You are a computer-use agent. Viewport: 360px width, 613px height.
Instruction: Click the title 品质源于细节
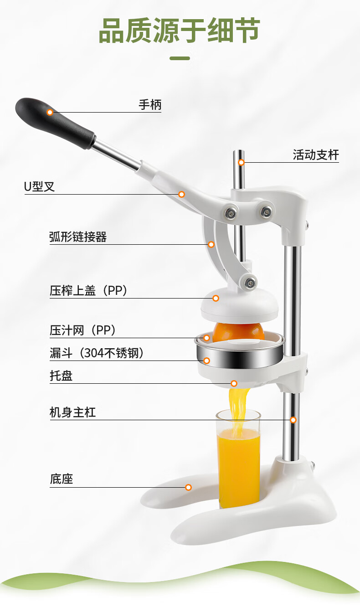click(x=179, y=30)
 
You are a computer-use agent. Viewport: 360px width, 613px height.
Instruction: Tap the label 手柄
click(x=150, y=105)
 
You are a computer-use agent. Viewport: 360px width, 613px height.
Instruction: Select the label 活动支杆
click(x=316, y=155)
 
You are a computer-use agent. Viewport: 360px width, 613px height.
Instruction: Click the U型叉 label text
click(x=39, y=187)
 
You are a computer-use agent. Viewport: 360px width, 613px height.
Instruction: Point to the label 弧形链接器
click(x=78, y=237)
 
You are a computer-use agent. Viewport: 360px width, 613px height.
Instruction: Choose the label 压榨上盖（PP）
click(x=88, y=291)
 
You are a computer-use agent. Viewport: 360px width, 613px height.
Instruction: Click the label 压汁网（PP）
click(x=82, y=330)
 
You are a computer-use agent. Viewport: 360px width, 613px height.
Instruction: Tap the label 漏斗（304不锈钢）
click(x=97, y=353)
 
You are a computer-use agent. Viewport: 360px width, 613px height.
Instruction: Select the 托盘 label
click(x=61, y=376)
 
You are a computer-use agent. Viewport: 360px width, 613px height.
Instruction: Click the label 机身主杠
click(x=72, y=412)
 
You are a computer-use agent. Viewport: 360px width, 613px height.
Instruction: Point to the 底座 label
click(x=61, y=479)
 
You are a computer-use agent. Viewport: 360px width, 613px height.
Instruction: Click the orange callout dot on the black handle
click(x=50, y=112)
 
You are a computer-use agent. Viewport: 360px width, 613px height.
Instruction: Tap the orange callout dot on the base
click(x=188, y=487)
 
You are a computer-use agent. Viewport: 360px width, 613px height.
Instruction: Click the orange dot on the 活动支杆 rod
click(x=241, y=163)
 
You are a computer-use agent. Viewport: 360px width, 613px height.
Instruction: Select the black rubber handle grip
click(x=55, y=123)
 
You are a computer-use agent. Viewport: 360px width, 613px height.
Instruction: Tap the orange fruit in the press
click(x=238, y=332)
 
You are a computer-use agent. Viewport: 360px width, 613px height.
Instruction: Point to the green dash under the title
click(x=180, y=58)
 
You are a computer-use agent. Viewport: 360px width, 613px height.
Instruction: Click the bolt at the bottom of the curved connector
click(x=250, y=283)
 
